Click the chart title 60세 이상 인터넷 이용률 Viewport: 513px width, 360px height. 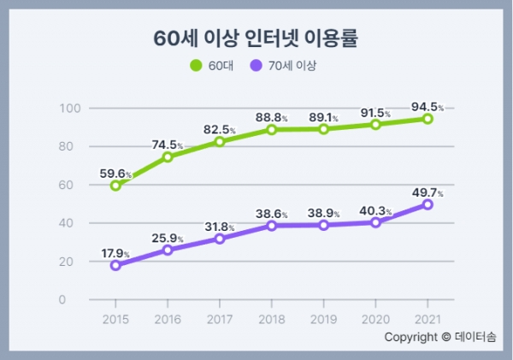pos(255,38)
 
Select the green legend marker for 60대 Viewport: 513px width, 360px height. pos(195,65)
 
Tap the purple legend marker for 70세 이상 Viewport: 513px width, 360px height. pos(256,65)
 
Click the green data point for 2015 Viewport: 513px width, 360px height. pos(115,186)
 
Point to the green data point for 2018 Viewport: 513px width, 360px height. pos(271,130)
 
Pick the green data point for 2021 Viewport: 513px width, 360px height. pos(427,119)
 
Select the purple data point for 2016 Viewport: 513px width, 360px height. pos(168,250)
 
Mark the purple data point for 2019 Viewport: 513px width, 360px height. pos(323,225)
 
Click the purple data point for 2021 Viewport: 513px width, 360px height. pos(427,204)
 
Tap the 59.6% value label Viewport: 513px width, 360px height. pos(115,174)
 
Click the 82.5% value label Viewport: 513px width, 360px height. pos(219,129)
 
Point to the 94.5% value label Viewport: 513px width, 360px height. pos(427,107)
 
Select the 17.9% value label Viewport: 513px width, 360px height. pos(115,254)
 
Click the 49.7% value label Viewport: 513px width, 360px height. pos(427,192)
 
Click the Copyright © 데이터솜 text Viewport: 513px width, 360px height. pos(439,337)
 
